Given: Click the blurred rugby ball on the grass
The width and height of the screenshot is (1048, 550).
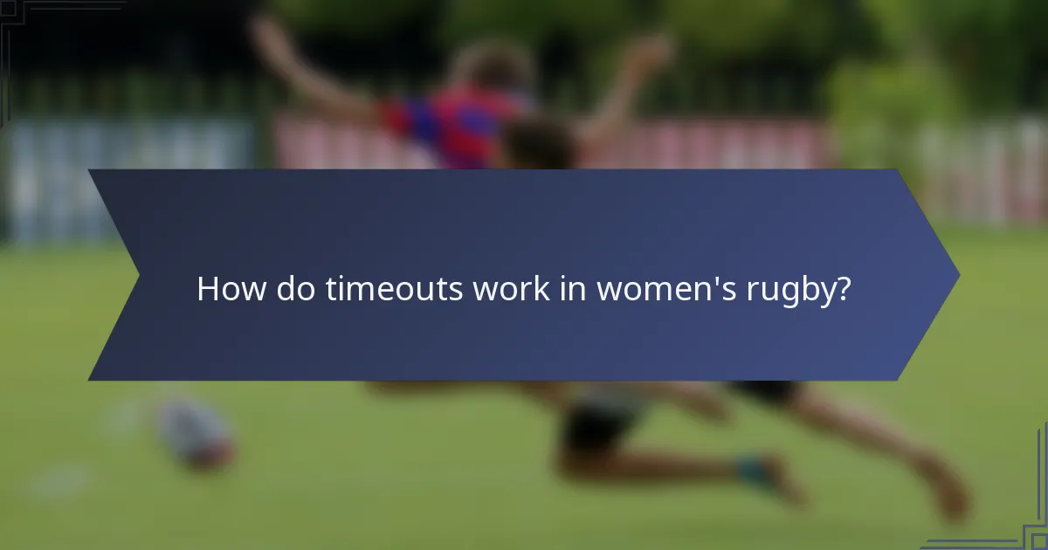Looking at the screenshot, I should (194, 434).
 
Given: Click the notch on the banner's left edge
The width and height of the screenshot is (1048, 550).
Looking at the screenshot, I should (137, 275).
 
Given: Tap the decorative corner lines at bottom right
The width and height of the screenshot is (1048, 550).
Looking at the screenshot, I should (1022, 524).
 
